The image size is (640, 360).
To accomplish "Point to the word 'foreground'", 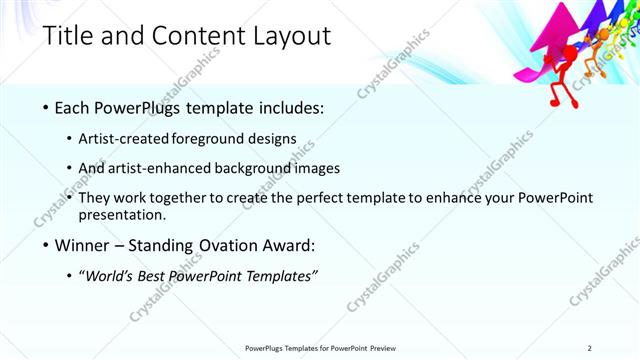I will (x=225, y=138).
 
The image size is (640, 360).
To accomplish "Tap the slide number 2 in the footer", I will (x=590, y=348).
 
